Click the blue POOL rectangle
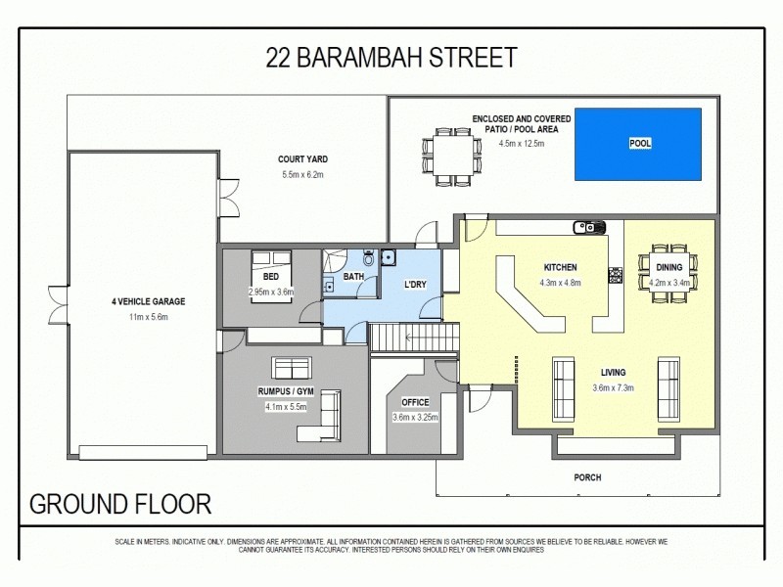(639, 144)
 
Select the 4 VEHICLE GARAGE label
(149, 301)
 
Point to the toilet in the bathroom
(368, 258)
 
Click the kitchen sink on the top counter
(589, 228)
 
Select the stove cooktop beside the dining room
(616, 275)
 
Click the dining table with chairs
(668, 267)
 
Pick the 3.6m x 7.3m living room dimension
(614, 387)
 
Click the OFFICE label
(415, 402)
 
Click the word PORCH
(588, 477)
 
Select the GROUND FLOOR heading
(120, 505)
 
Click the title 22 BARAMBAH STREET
(391, 58)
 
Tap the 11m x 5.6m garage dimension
(149, 317)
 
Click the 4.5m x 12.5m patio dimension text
(522, 144)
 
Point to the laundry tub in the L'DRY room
(389, 258)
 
